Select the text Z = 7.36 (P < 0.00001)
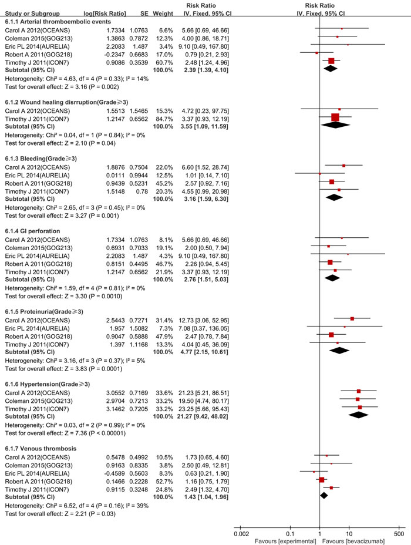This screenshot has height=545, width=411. coord(91,432)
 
